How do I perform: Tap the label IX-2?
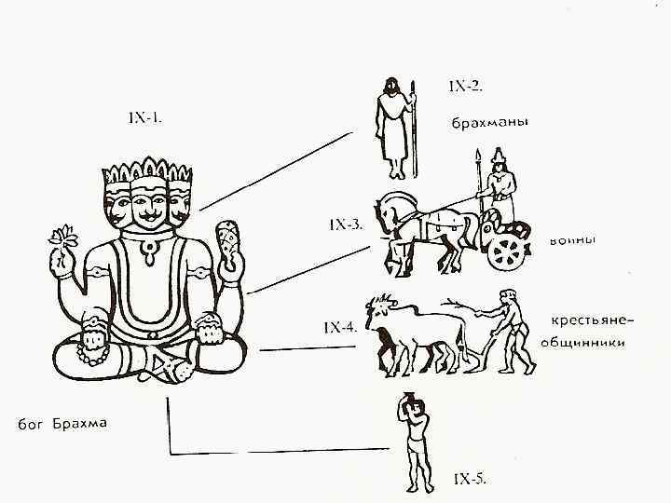tap(465, 87)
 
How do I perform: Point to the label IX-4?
tap(339, 327)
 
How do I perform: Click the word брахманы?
tap(489, 123)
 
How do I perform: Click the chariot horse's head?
tap(390, 206)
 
